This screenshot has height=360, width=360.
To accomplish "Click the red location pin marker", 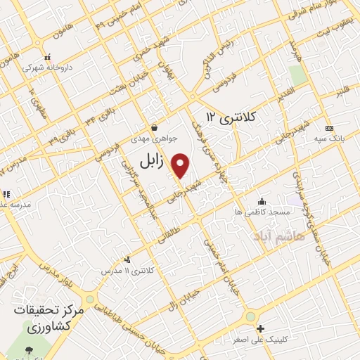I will point(181,165).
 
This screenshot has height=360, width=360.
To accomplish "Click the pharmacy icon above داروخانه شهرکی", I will point(47,57).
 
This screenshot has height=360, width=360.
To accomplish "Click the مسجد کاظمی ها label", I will point(262,211).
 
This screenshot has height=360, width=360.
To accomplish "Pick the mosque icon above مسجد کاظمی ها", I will point(262,200).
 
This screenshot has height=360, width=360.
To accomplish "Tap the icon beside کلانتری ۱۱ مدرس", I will point(127,259).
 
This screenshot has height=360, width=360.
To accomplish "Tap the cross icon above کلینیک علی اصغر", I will point(260,328).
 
